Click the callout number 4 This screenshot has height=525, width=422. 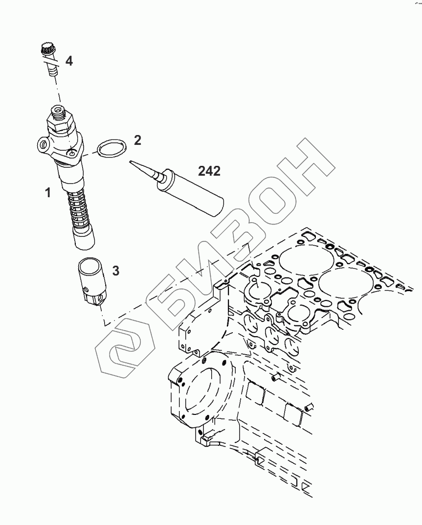click(69, 61)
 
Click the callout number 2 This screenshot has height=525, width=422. click(137, 140)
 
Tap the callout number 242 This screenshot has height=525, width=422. click(209, 171)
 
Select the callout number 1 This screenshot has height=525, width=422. click(48, 193)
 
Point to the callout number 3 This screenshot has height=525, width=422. click(115, 270)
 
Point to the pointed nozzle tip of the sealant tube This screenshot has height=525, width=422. click(134, 163)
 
